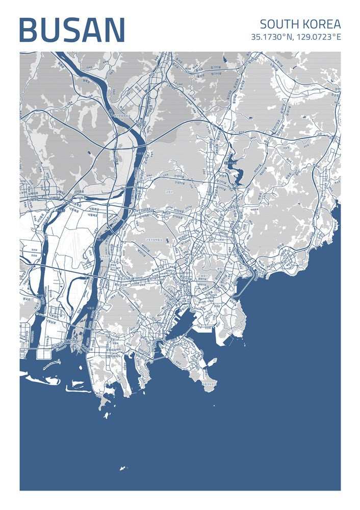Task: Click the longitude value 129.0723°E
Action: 318,37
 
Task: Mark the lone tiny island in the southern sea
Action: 122,468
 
